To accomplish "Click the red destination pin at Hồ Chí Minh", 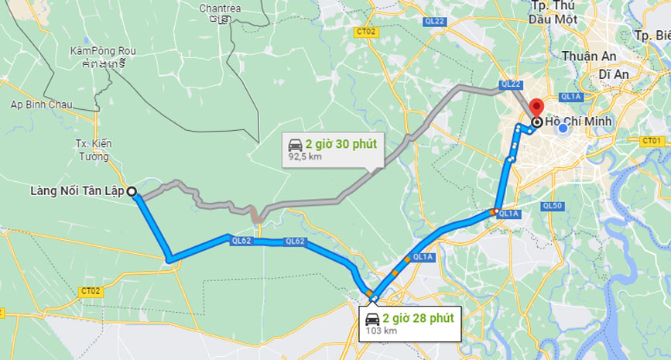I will click(x=536, y=108).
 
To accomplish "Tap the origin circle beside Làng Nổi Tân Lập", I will click(x=132, y=191).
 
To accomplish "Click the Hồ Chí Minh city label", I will click(x=578, y=122).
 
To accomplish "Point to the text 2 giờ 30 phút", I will click(x=341, y=144).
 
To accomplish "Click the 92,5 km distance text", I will click(x=305, y=157).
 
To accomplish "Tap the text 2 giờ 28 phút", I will click(x=418, y=317).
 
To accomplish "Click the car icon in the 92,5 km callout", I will click(x=295, y=145).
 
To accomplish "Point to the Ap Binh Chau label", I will click(x=41, y=105).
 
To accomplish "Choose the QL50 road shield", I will click(x=552, y=206).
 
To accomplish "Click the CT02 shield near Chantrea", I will click(x=366, y=32).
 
